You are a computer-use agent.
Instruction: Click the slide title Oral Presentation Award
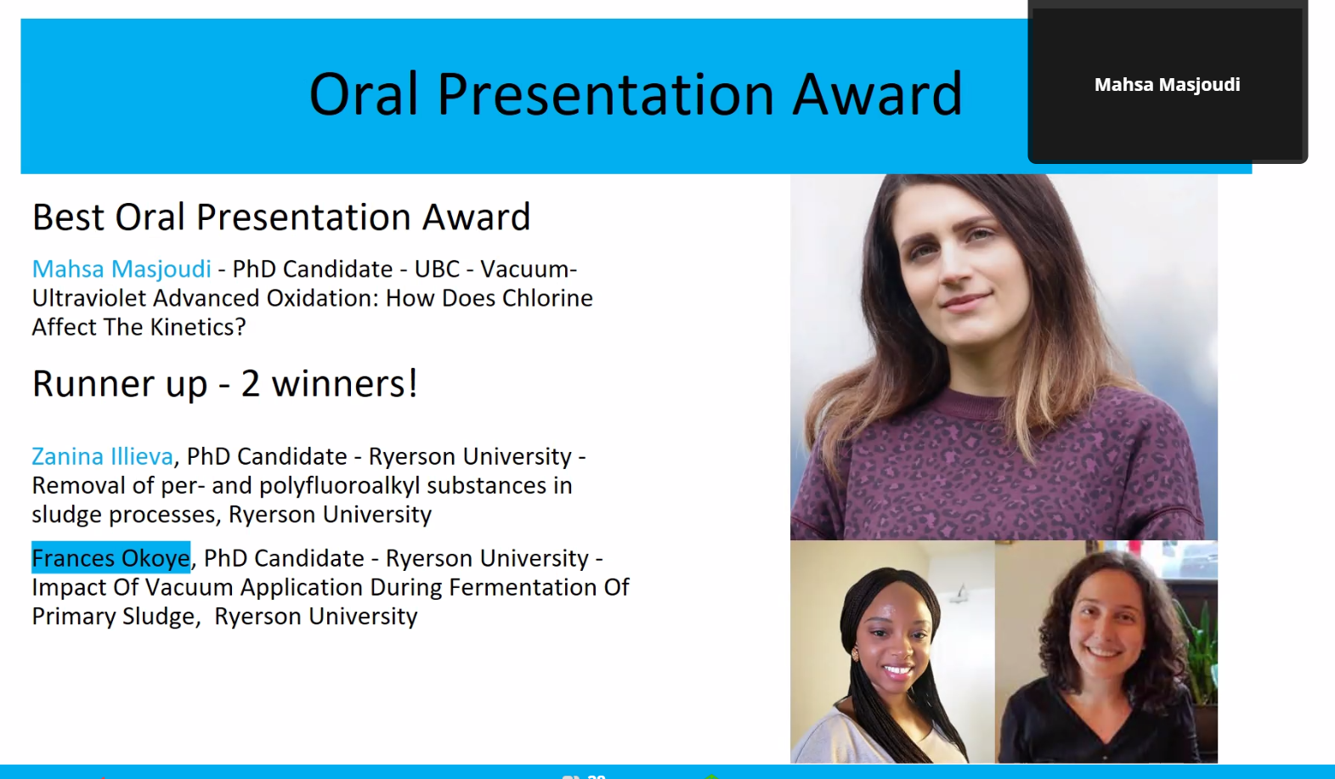636,94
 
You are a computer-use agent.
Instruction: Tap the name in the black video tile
1167,85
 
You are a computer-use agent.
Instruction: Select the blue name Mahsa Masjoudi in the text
122,269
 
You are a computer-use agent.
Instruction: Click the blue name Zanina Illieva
103,456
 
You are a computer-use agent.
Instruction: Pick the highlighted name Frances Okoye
110,558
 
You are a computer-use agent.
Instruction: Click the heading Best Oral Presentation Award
281,217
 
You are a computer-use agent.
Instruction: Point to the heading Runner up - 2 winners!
224,383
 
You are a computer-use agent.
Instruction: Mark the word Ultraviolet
88,298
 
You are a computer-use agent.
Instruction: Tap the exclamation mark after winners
412,382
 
